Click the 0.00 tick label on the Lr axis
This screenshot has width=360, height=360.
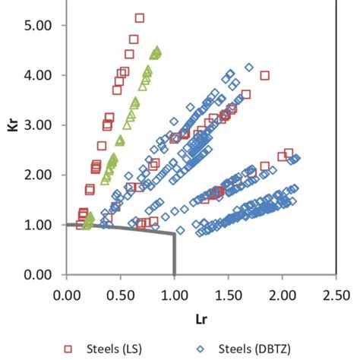[67, 292]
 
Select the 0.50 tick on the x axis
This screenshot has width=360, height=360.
[121, 292]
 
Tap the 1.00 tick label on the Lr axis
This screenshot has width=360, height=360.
[175, 292]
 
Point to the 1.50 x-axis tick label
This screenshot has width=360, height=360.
[229, 292]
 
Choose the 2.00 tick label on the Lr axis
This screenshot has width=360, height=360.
[283, 292]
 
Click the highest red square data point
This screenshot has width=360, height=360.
[140, 17]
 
